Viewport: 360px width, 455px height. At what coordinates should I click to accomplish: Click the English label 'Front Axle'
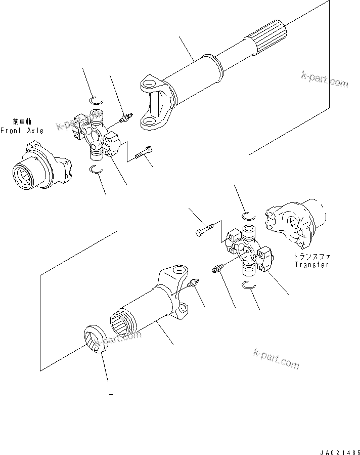click(x=22, y=131)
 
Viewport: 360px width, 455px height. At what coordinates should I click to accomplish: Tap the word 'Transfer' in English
click(x=311, y=265)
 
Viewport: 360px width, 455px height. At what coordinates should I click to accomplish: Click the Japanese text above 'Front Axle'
click(x=22, y=122)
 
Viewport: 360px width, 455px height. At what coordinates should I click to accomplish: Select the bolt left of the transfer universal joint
click(x=205, y=231)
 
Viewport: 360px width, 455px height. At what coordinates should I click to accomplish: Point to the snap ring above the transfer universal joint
click(x=250, y=216)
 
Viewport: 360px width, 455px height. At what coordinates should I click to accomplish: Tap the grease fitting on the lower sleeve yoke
click(x=192, y=285)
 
